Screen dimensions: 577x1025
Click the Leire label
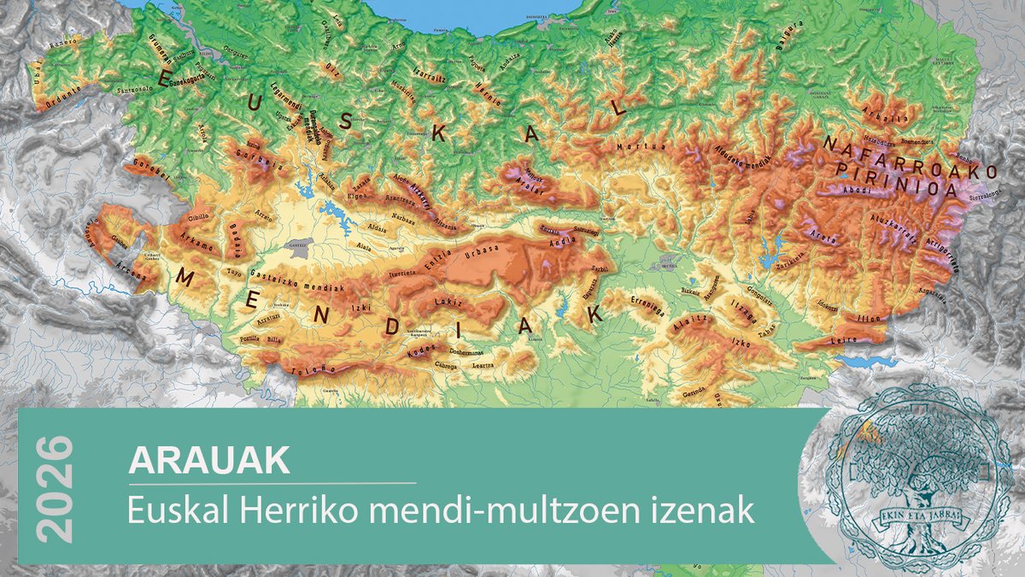pyautogui.click(x=843, y=339)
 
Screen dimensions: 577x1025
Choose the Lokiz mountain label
pyautogui.click(x=448, y=303)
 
